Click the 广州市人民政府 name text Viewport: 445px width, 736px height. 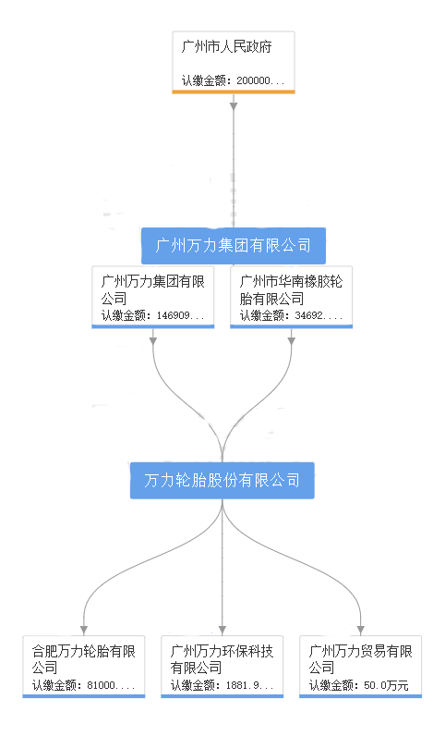226,47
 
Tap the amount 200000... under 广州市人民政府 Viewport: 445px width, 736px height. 260,80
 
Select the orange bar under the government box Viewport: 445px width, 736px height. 234,92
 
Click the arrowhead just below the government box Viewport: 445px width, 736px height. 234,106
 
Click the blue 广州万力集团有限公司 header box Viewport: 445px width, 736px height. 234,246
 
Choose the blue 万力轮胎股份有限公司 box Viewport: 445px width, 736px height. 222,480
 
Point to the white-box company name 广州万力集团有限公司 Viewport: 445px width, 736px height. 153,289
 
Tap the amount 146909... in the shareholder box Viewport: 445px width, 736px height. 180,315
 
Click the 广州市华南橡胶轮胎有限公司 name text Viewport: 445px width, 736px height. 291,289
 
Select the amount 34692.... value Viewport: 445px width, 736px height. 319,315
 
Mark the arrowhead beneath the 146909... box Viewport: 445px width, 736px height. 153,341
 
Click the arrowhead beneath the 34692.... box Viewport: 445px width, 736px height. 291,341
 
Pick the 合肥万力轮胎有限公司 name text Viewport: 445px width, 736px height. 83,659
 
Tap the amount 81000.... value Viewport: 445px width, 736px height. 111,685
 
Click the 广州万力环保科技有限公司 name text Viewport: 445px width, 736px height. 222,659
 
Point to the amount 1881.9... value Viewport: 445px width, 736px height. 249,685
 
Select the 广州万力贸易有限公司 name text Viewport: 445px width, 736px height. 360,659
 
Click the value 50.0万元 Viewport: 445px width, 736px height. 386,685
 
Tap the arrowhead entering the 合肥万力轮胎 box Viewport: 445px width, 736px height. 84,630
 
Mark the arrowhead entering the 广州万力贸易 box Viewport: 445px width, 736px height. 361,630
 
